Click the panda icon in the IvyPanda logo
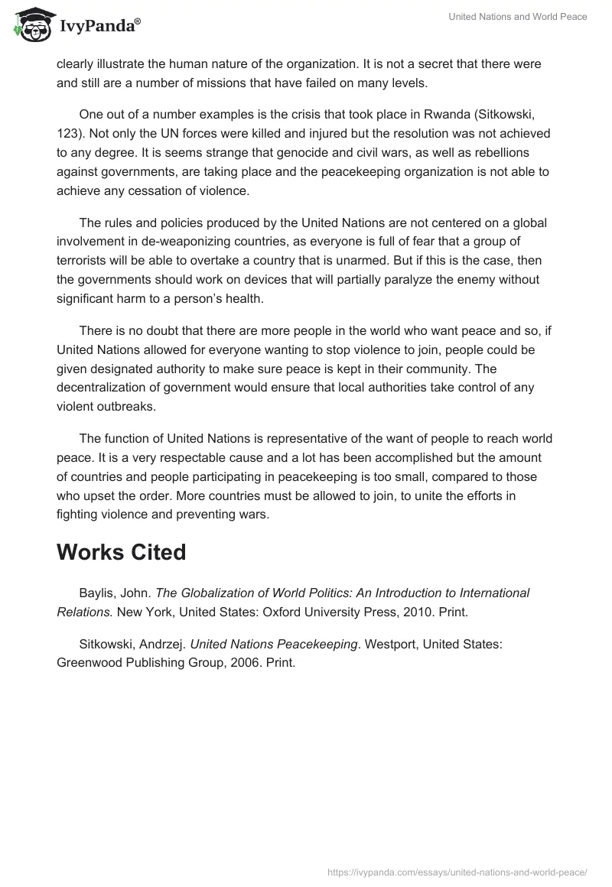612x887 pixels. point(31,25)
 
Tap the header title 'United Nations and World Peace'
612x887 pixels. point(517,17)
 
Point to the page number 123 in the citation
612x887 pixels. point(67,133)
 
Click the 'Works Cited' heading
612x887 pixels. point(121,552)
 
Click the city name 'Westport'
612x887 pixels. point(393,644)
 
